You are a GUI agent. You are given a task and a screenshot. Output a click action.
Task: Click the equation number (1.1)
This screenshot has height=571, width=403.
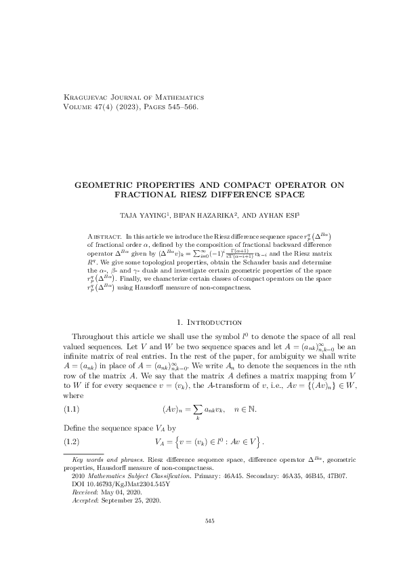tap(72, 410)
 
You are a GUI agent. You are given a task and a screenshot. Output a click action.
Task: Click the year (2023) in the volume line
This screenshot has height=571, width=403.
tap(122, 107)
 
